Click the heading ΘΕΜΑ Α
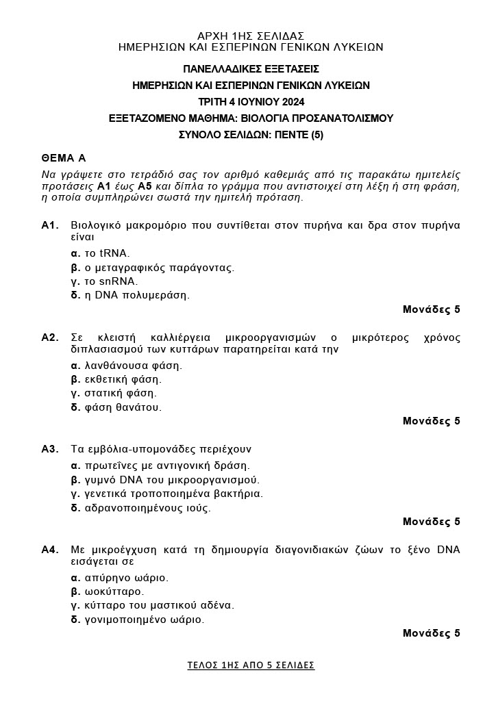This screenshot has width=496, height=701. (63, 157)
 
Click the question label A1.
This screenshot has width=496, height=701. (51, 225)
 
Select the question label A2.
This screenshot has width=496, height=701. (51, 337)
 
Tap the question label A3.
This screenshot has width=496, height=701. (51, 449)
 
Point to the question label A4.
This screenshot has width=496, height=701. (51, 550)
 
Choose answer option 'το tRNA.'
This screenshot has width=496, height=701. (101, 253)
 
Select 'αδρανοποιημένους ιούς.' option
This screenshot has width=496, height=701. (141, 508)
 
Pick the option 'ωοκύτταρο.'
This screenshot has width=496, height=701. (108, 591)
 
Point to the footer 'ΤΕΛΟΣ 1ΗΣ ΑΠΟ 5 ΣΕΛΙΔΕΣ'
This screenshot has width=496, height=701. (251, 665)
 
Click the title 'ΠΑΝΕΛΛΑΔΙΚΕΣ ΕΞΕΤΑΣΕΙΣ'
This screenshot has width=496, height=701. (251, 69)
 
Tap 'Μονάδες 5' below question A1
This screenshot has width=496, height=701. (431, 309)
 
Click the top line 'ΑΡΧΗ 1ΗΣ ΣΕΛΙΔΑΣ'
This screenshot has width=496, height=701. (251, 36)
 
